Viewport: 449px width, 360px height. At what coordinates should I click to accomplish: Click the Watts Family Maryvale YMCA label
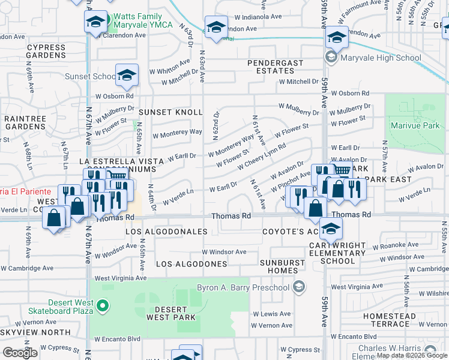pyautogui.click(x=141, y=20)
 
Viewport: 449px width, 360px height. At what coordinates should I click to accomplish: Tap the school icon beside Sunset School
pyautogui.click(x=127, y=75)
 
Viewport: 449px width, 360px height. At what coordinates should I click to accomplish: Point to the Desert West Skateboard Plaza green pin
pyautogui.click(x=103, y=307)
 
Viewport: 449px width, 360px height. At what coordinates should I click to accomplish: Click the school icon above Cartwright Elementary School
pyautogui.click(x=330, y=229)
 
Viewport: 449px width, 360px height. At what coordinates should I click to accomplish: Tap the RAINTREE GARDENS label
pyautogui.click(x=25, y=123)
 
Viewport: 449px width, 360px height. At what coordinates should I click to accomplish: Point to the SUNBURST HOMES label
pyautogui.click(x=286, y=267)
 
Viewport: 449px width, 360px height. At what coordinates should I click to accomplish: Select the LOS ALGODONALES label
pyautogui.click(x=166, y=232)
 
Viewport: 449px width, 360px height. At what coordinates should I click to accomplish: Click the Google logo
pyautogui.click(x=20, y=353)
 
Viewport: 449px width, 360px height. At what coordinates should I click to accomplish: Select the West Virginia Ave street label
pyautogui.click(x=121, y=278)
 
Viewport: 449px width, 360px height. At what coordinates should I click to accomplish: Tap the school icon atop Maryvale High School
pyautogui.click(x=337, y=38)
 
